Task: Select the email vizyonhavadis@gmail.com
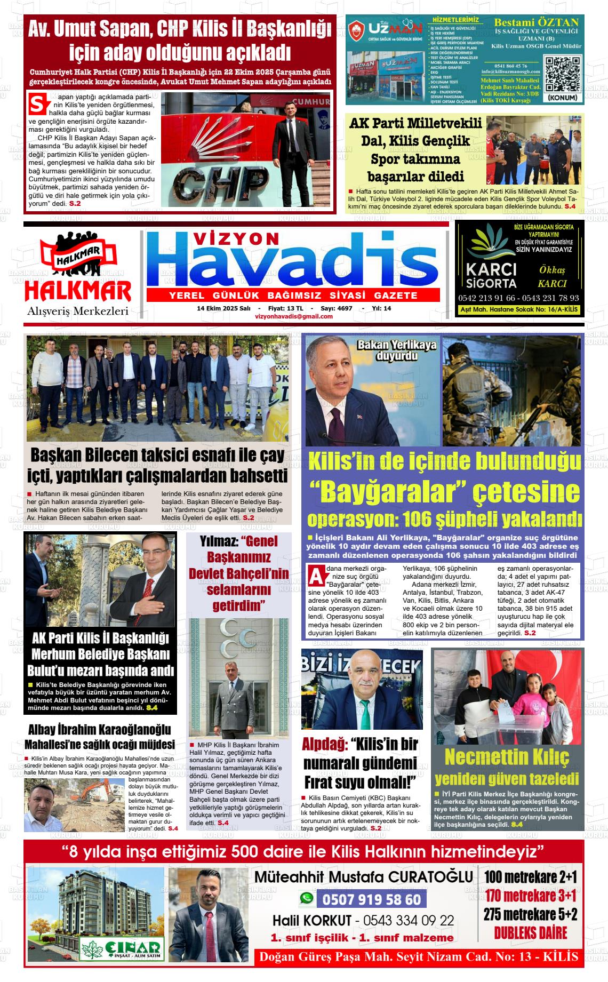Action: coord(294,316)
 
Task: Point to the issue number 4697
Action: coord(345,308)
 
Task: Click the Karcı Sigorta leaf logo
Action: coord(489,243)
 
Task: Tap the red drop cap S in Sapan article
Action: coord(37,104)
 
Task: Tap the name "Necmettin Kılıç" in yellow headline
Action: coord(507,757)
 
